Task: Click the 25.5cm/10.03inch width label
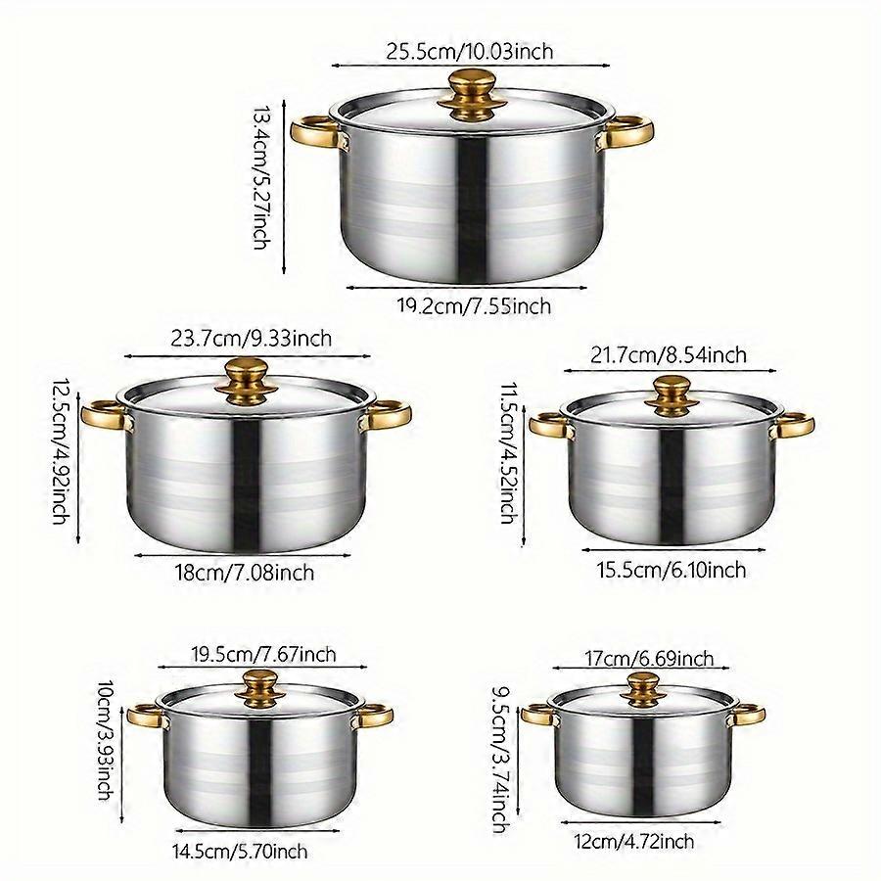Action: [469, 52]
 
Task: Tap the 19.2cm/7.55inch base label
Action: [474, 306]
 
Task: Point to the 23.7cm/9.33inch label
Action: [252, 339]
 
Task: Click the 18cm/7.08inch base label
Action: [244, 573]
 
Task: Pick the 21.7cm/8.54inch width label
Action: [669, 355]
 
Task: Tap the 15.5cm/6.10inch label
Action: [672, 571]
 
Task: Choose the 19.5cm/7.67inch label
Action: [263, 655]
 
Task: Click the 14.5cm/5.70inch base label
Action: [240, 852]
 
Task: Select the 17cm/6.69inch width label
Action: [649, 658]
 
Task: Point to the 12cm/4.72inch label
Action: [633, 842]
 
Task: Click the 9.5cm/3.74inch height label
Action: [502, 760]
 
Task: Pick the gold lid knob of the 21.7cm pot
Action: [672, 396]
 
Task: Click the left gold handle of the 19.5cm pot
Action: [146, 716]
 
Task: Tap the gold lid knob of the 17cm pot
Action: [643, 690]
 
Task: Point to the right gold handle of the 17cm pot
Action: [746, 715]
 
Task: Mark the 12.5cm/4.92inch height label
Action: [62, 450]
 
